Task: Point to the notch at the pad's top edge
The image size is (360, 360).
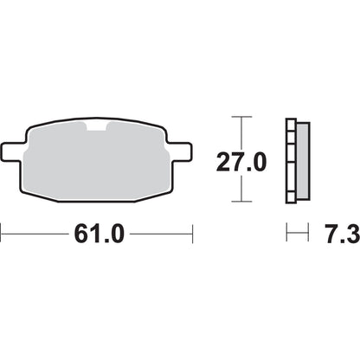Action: (x=97, y=128)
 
